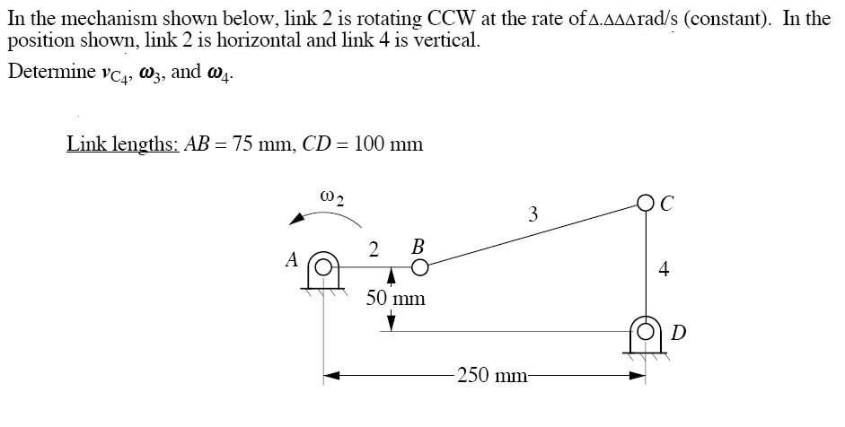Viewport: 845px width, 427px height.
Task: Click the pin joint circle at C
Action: [646, 203]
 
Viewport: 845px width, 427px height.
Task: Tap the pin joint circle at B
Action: [420, 266]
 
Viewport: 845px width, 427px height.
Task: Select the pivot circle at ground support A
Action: [322, 267]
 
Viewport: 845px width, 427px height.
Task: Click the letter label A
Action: [292, 260]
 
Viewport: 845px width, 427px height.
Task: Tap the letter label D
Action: [679, 334]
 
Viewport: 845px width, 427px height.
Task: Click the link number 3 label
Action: [533, 214]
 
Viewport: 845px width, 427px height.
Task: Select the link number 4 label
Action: [664, 268]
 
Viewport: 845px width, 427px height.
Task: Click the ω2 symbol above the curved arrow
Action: [331, 198]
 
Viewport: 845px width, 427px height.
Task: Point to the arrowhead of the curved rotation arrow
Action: [296, 219]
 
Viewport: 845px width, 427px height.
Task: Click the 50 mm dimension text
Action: [395, 298]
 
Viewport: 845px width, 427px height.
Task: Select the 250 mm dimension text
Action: [491, 374]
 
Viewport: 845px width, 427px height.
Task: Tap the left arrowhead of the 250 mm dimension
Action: [332, 375]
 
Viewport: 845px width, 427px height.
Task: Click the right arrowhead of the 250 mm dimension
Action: [637, 375]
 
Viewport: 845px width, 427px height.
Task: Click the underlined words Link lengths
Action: [123, 144]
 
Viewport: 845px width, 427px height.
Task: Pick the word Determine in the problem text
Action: [52, 72]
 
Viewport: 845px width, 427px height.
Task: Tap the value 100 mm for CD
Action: [389, 144]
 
